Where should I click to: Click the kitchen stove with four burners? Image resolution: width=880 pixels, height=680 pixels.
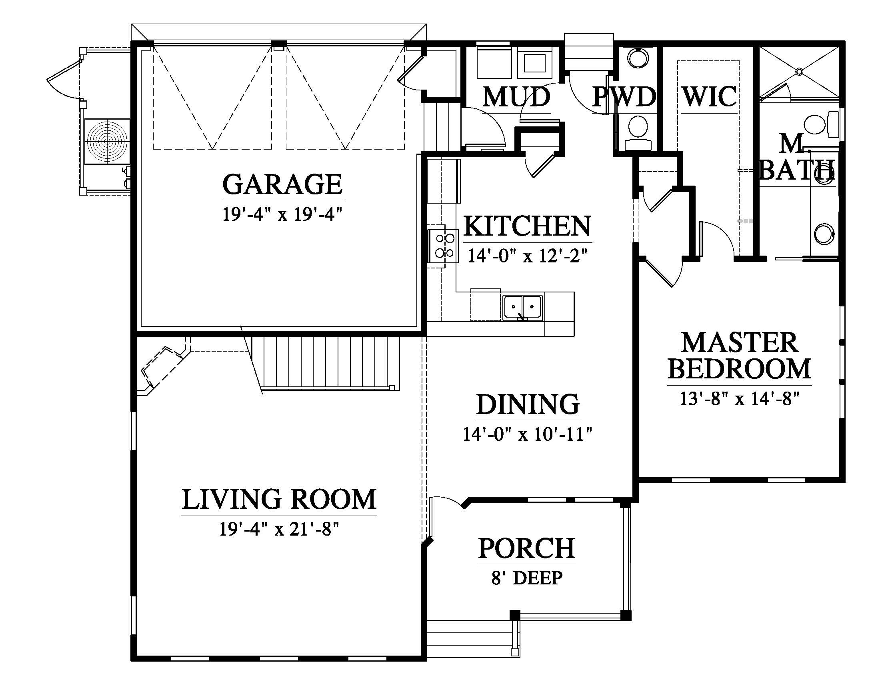(443, 246)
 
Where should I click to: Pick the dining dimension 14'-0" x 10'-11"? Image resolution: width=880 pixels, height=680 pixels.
(528, 434)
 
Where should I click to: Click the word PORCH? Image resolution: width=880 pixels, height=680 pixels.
(527, 548)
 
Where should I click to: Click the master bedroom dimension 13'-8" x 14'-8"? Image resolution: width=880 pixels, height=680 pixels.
(739, 399)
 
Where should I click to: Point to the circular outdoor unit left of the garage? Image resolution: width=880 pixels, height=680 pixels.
(107, 141)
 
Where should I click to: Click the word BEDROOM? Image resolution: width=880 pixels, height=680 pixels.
(739, 369)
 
